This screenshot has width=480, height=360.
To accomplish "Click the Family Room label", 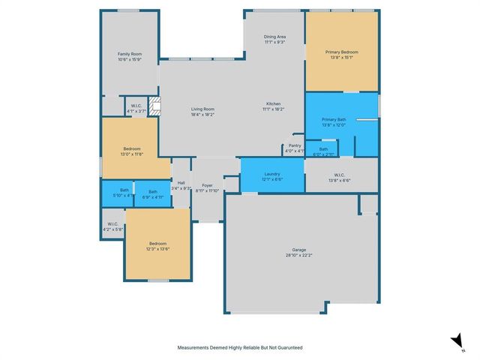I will tap(130, 54).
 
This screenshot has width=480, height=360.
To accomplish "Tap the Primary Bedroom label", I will tap(341, 52).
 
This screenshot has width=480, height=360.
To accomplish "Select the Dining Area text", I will tap(274, 37).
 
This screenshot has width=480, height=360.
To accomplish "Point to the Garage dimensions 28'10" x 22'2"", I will tap(299, 255).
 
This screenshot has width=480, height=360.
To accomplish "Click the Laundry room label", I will tap(272, 174).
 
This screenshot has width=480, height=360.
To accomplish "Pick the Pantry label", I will tap(295, 145).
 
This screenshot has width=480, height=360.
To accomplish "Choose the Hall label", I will tap(181, 183).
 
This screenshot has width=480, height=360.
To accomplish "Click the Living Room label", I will tap(203, 109).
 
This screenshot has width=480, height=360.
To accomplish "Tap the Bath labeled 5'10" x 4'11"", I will tap(117, 191).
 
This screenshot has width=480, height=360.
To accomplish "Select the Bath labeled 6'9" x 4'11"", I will tap(153, 191).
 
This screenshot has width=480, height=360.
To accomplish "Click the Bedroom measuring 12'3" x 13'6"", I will tap(157, 244).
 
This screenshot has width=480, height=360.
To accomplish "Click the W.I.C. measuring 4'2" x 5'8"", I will tap(112, 223).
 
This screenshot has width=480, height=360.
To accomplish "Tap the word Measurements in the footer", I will tap(193, 348).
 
